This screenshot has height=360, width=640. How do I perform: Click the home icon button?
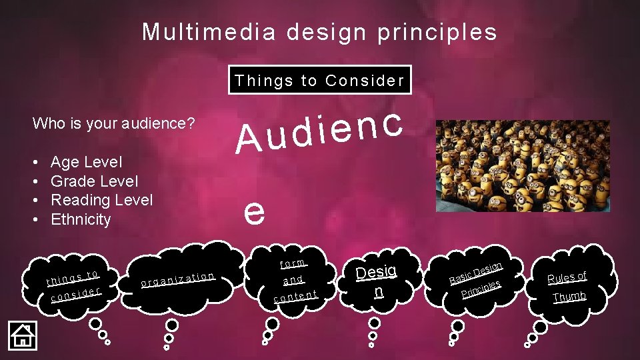tap(22, 334)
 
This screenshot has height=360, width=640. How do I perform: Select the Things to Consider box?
tap(319, 81)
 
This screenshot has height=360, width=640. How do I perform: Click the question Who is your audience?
tap(113, 123)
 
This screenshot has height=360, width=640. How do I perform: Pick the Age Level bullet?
tap(86, 162)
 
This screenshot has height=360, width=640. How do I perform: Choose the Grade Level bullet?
tap(94, 181)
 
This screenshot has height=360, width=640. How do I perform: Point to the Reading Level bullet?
tap(101, 200)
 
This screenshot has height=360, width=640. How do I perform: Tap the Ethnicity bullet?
tap(81, 219)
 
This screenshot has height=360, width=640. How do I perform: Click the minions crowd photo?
tap(522, 166)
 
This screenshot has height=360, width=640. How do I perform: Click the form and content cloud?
tap(293, 280)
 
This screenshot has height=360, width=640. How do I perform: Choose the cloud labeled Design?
tap(377, 281)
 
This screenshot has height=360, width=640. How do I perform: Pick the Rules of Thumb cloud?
tap(567, 285)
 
